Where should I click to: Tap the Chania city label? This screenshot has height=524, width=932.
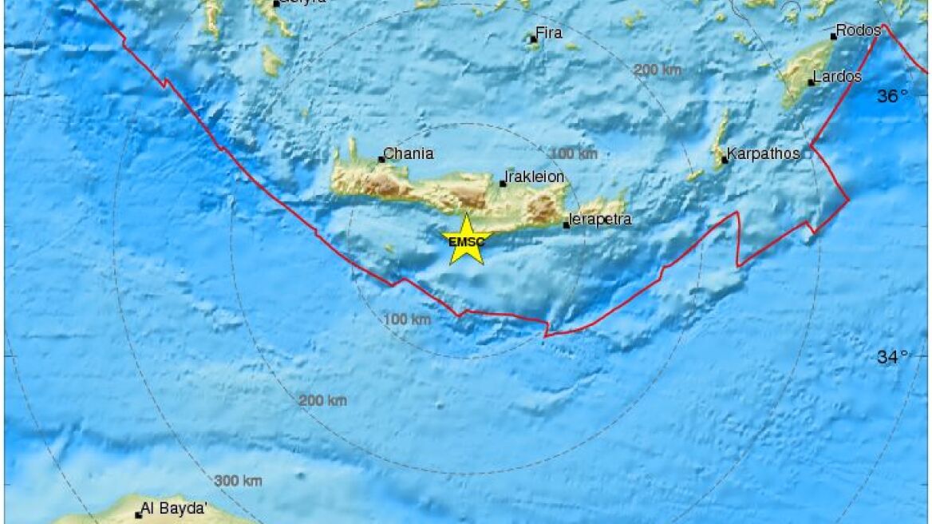tap(409, 153)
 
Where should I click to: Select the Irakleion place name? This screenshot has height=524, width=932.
tap(535, 177)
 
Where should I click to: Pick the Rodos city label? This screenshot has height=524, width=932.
tap(859, 30)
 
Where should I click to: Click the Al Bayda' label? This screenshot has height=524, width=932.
tap(174, 508)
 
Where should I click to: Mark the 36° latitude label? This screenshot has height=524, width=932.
tap(893, 97)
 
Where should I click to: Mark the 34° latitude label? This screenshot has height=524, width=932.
tap(893, 357)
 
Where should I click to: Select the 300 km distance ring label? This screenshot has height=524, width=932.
tap(238, 481)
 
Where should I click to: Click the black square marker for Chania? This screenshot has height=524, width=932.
tap(381, 159)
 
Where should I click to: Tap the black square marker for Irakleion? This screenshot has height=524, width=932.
tap(503, 184)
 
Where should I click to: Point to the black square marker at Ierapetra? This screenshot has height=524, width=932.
tap(567, 224)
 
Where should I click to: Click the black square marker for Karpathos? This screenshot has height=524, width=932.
tap(725, 160)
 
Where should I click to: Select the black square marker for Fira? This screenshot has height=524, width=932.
tap(533, 39)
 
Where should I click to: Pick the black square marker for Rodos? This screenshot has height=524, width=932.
tap(833, 36)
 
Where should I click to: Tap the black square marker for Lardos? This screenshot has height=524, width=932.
tap(811, 82)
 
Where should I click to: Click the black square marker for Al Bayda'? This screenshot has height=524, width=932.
tap(138, 514)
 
